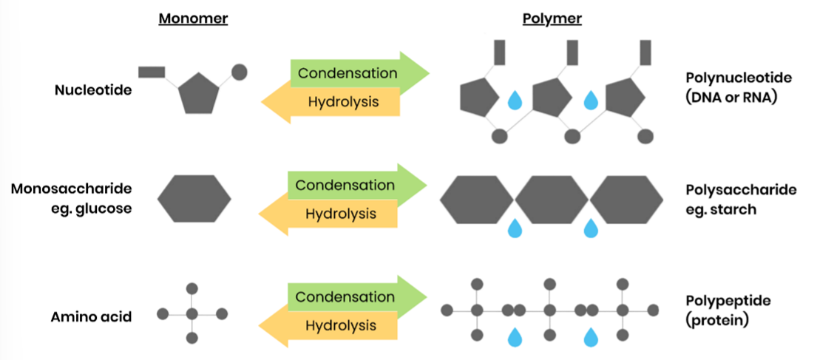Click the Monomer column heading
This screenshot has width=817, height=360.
point(193,19)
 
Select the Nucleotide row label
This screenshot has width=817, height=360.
point(93,90)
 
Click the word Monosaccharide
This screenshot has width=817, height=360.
point(71,189)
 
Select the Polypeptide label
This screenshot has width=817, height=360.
point(728,301)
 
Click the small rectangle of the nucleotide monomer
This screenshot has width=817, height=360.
point(152,72)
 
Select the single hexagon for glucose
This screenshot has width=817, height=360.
point(194,199)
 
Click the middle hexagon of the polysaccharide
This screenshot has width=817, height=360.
point(552,199)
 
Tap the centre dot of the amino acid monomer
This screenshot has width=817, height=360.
point(192,314)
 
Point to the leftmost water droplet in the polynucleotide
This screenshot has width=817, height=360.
point(515,99)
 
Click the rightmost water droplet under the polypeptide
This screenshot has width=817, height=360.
point(591,337)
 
